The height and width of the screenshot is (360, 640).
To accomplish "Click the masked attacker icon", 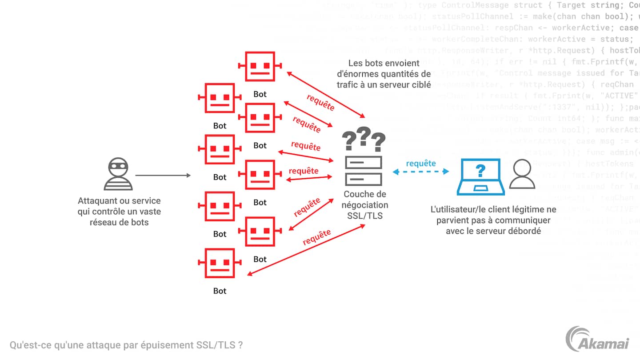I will (118, 174).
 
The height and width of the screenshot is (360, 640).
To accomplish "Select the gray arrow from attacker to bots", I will (163, 176).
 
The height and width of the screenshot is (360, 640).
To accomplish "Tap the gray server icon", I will (364, 171).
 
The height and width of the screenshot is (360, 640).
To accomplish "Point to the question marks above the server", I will (364, 139).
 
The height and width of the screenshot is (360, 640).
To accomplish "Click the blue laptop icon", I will (480, 177).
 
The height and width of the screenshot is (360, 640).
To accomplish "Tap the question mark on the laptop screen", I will (480, 170).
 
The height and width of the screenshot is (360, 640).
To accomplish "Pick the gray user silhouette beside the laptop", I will (522, 174).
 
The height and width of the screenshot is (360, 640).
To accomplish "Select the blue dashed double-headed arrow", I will (421, 172).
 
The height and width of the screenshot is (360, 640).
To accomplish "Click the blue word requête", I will (421, 163).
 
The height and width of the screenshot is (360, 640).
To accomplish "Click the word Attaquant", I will (98, 201).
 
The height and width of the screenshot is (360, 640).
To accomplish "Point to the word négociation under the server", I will (364, 205).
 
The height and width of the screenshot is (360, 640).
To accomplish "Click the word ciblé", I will (420, 84).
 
